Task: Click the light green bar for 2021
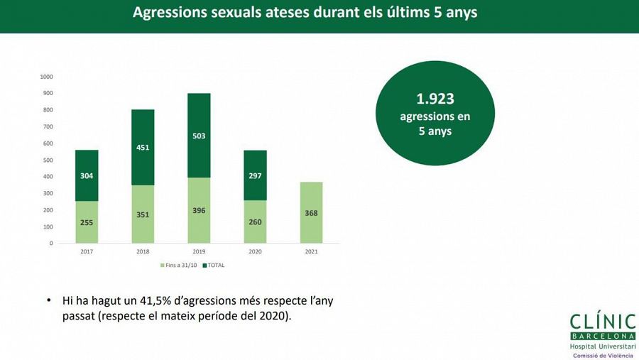click(x=311, y=212)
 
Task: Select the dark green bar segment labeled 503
click(x=199, y=136)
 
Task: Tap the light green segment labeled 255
click(x=86, y=222)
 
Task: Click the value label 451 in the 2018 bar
click(x=143, y=148)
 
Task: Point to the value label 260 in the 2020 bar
click(x=255, y=222)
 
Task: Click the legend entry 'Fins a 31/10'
click(x=178, y=266)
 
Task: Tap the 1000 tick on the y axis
click(x=47, y=77)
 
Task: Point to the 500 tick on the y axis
click(x=47, y=160)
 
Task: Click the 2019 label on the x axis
click(x=199, y=251)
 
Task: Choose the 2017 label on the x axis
click(x=86, y=251)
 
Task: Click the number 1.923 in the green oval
click(x=435, y=100)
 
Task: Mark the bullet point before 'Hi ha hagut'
click(x=49, y=301)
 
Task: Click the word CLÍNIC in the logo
click(x=602, y=321)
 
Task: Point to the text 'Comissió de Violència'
click(x=602, y=354)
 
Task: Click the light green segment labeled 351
click(x=143, y=214)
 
